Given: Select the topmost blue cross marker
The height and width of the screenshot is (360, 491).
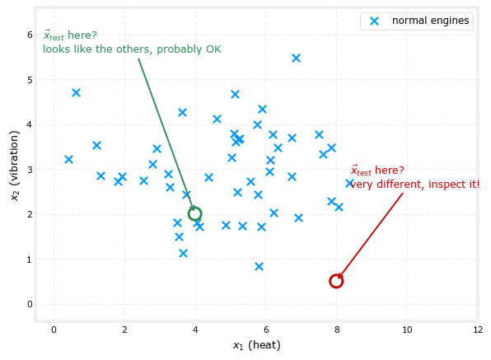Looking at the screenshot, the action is (x=296, y=58).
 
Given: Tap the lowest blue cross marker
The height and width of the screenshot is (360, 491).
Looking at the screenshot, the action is (x=259, y=266).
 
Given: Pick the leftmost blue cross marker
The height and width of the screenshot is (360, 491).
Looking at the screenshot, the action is (x=68, y=159).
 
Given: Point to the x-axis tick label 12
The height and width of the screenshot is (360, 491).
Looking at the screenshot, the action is (x=478, y=330).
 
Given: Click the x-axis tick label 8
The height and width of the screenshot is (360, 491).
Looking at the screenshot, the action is (x=337, y=330).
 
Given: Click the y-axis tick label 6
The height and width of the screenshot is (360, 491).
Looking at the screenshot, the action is (x=30, y=35).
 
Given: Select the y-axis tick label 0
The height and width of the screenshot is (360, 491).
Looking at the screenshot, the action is (x=30, y=304).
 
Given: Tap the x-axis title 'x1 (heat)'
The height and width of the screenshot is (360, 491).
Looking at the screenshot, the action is (x=257, y=345).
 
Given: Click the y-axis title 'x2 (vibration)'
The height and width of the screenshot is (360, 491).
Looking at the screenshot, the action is (x=14, y=166).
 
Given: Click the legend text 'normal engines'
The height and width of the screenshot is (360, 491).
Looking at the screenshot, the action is (x=431, y=21).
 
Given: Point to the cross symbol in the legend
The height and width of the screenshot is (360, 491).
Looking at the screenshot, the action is (x=375, y=21).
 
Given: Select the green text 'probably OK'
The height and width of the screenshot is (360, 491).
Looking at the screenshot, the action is (x=189, y=49).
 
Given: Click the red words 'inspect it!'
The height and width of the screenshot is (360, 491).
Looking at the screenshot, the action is (x=454, y=184).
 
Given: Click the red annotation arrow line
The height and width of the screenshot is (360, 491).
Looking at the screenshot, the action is (x=371, y=236).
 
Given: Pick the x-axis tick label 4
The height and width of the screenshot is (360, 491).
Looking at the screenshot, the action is (x=195, y=330).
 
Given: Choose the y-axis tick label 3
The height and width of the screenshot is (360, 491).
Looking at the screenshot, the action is (x=30, y=170).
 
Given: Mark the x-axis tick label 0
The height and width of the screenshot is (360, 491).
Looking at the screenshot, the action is (x=54, y=330).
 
